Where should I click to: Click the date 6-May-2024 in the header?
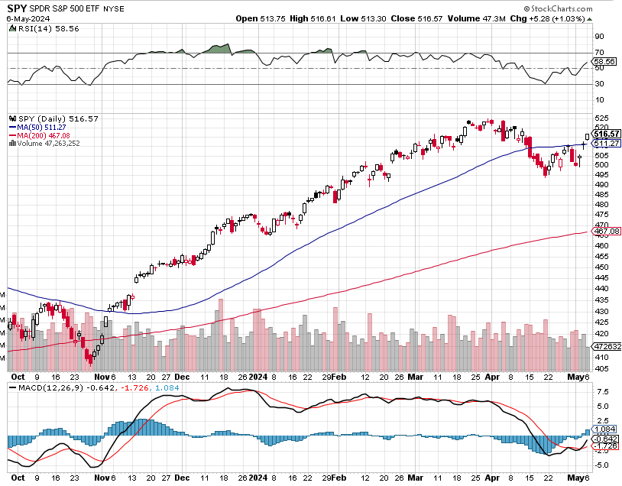[25, 18]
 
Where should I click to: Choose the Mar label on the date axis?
[416, 377]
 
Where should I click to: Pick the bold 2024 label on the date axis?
[257, 377]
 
